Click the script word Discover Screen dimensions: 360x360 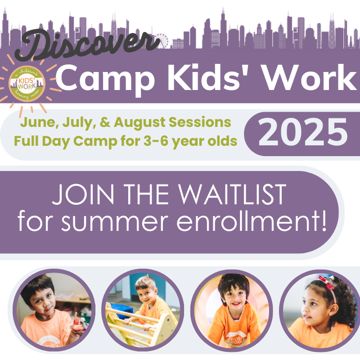tap(87, 45)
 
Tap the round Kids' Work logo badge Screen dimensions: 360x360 tap(27, 84)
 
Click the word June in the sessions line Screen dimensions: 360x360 tap(38, 122)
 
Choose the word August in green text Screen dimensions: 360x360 tap(139, 122)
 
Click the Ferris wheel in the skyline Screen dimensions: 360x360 tap(162, 41)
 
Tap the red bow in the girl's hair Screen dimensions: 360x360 tap(326, 283)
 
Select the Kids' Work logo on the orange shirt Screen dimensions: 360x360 tap(234, 339)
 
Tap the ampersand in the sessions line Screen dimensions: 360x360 tap(105, 122)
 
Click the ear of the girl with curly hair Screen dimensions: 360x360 tap(333, 309)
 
